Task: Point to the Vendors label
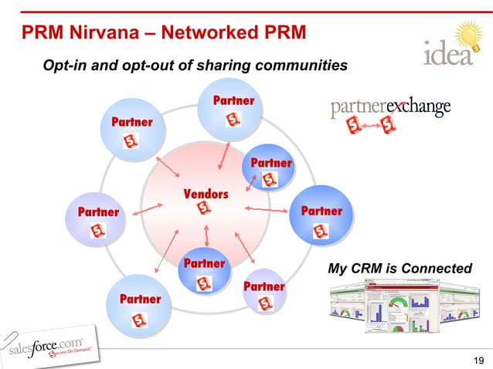pos(206,193)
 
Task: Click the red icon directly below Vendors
pos(205,208)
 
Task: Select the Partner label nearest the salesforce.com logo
pos(140,299)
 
